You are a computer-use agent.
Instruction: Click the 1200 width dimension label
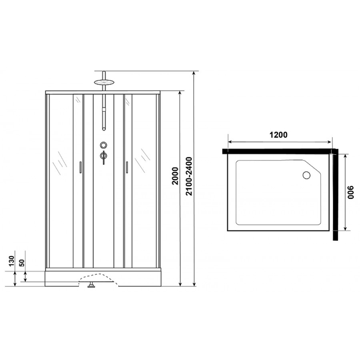tap(278, 135)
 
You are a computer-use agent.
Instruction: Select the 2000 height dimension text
tap(175, 176)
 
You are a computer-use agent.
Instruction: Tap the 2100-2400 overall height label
tap(189, 176)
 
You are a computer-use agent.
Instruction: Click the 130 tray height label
tap(12, 261)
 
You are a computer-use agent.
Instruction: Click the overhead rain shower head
tap(104, 82)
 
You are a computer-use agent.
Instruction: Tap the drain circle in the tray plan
tap(306, 175)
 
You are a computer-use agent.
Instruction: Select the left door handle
tap(80, 167)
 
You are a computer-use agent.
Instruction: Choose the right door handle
tap(127, 167)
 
